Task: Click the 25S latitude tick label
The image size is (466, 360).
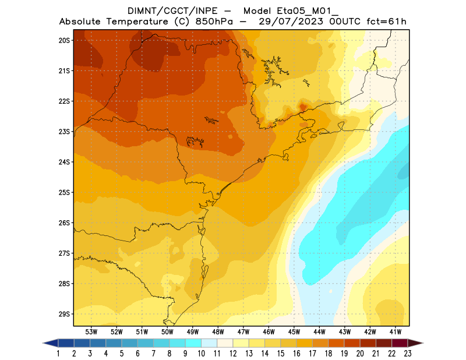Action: (64, 192)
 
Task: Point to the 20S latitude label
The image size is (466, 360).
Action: (64, 40)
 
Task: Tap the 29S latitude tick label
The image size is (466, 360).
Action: (64, 314)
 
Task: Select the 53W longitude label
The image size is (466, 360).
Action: (91, 331)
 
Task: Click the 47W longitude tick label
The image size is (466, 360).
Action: (244, 331)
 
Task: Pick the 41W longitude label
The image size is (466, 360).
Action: (397, 331)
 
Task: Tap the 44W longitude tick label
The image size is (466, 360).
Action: (320, 331)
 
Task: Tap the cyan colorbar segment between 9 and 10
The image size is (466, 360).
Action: (193, 343)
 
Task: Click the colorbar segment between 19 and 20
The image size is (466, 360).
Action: (352, 343)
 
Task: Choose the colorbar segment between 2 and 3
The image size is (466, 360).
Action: (82, 343)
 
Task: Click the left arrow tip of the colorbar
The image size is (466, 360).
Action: (44, 343)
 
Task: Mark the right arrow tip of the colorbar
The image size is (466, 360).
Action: (422, 343)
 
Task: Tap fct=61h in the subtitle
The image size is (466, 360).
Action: (386, 22)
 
